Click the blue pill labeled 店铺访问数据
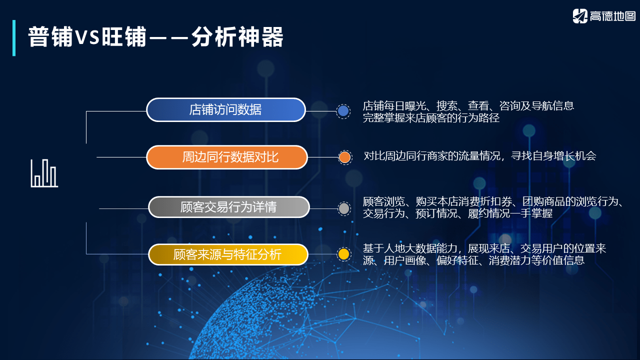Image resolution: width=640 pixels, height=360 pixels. click(225, 109)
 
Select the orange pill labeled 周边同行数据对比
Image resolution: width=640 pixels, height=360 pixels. click(226, 157)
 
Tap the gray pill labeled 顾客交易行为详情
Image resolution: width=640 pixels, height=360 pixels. click(228, 207)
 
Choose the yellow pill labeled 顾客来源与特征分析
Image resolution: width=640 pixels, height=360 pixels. click(227, 254)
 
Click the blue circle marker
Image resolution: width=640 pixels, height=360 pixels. click(343, 111)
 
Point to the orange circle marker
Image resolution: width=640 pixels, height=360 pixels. click(344, 157)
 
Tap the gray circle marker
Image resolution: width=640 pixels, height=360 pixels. click(344, 208)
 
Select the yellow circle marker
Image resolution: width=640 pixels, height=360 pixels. click(343, 254)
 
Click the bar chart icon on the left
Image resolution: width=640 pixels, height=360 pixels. click(44, 173)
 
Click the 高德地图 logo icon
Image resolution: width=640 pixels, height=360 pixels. click(580, 16)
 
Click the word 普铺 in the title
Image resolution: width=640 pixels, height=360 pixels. click(50, 37)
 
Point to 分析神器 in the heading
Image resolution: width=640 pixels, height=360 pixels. click(237, 37)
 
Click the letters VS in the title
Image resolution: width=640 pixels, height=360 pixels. click(87, 38)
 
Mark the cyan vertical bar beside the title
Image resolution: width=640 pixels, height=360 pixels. click(14, 37)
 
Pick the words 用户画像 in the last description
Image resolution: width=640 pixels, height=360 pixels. click(401, 260)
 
